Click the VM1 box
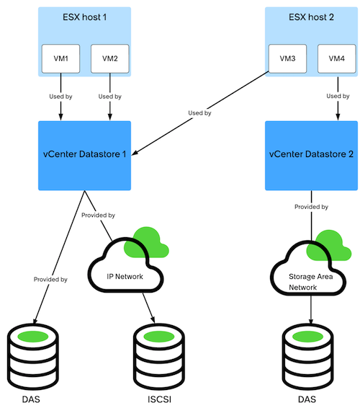pyautogui.click(x=60, y=58)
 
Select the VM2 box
pyautogui.click(x=109, y=58)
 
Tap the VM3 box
pyautogui.click(x=287, y=58)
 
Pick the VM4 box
pyautogui.click(x=337, y=58)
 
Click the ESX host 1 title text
pyautogui.click(x=84, y=17)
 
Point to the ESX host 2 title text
pyautogui.click(x=311, y=17)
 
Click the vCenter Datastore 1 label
pyautogui.click(x=84, y=154)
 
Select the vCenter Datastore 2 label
pyautogui.click(x=311, y=154)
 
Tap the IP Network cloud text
pyautogui.click(x=125, y=276)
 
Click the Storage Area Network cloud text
pyautogui.click(x=310, y=282)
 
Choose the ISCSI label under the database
pyautogui.click(x=159, y=399)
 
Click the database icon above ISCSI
pyautogui.click(x=159, y=357)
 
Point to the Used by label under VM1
pyautogui.click(x=60, y=97)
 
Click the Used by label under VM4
pyautogui.click(x=338, y=96)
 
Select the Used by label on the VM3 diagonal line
pyautogui.click(x=199, y=113)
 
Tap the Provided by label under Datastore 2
pyautogui.click(x=311, y=207)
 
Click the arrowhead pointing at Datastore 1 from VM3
pyautogui.click(x=135, y=153)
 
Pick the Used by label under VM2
pyautogui.click(x=109, y=97)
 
